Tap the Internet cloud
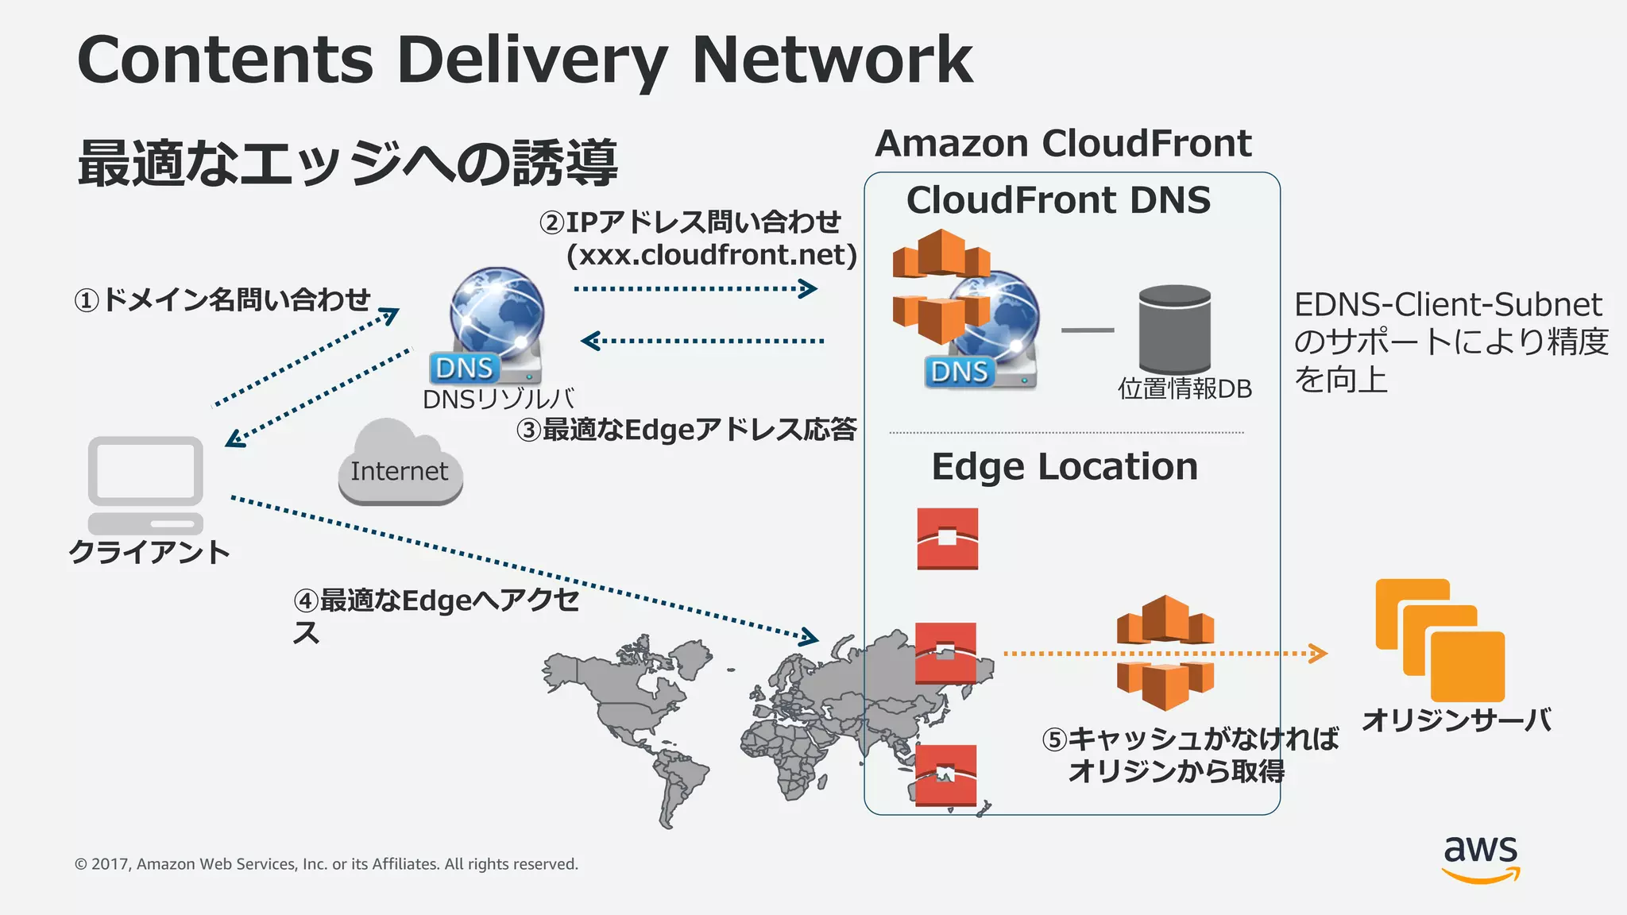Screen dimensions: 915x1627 pos(400,465)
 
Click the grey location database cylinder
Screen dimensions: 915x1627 pos(1174,329)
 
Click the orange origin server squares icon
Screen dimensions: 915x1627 pos(1440,639)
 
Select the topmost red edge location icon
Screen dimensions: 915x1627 pos(947,539)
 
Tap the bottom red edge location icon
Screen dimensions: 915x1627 pos(945,775)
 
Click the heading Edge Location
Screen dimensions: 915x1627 pos(1064,467)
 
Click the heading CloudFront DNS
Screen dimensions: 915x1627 pos(1058,200)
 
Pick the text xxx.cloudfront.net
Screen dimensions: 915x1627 pos(712,255)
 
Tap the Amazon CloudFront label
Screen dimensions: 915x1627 pos(1063,144)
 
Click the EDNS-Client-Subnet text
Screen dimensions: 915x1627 pos(1447,305)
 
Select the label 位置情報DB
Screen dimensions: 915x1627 pos(1185,389)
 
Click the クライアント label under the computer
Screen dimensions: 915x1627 pos(149,551)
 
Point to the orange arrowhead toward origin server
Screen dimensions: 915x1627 pos(1318,654)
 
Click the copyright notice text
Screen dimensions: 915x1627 pos(326,864)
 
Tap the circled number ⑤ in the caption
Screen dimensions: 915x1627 pos(1053,740)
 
